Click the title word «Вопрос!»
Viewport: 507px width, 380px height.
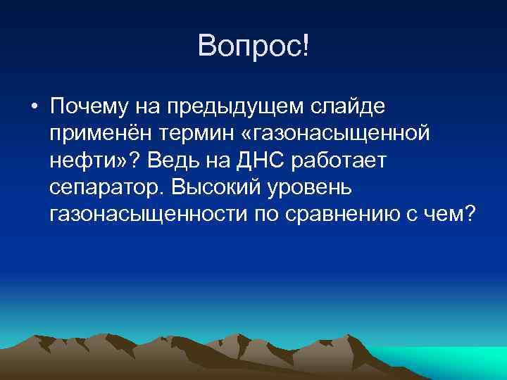[x=254, y=47]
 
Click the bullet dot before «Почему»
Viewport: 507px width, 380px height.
[x=33, y=106]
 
